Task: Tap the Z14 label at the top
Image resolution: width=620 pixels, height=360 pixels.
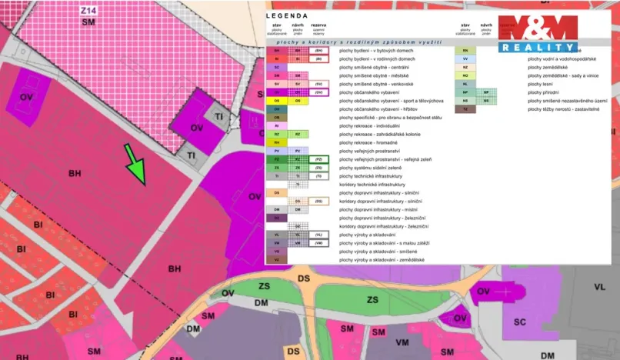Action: click(x=89, y=12)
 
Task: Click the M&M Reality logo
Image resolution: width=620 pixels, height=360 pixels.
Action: click(x=537, y=33)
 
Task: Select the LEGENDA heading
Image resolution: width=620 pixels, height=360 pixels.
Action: click(x=288, y=15)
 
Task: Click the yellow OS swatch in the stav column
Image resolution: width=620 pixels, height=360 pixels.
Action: click(x=276, y=101)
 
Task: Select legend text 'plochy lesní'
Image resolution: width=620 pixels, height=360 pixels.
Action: click(x=543, y=84)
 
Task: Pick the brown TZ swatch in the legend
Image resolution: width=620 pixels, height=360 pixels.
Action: click(x=465, y=109)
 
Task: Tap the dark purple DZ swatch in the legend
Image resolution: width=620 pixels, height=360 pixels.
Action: click(x=276, y=218)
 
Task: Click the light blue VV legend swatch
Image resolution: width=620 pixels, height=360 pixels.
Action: click(x=465, y=58)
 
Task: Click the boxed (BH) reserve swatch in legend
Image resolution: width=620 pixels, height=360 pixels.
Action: click(x=318, y=50)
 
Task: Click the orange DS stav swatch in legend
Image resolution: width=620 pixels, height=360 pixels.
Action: click(x=276, y=192)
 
